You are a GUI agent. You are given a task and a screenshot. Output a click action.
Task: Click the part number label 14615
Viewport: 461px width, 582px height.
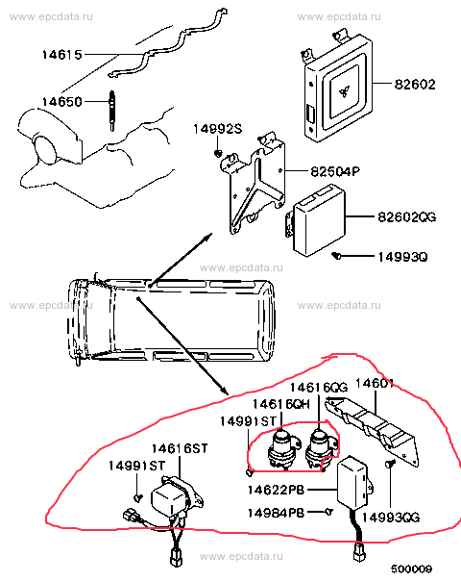pos(61,55)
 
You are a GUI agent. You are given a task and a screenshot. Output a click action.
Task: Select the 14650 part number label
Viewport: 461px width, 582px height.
pos(61,101)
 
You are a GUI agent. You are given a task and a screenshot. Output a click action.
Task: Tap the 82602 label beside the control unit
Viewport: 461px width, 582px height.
pos(415,85)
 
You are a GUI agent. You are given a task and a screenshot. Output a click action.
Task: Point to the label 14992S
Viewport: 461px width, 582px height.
pos(217,129)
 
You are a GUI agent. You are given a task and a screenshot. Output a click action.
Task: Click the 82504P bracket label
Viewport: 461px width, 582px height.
pos(335,171)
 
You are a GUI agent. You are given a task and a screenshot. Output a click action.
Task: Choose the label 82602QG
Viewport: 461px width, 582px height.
pos(407,216)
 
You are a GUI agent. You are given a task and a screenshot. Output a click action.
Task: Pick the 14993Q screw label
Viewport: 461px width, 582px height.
pos(402,257)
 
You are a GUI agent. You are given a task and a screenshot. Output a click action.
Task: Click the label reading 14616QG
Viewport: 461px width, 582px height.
pos(319,388)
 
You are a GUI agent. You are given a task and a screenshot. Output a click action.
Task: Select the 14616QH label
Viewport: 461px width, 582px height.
pos(280,404)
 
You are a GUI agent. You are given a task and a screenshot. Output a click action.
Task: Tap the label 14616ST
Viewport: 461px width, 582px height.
pos(180,448)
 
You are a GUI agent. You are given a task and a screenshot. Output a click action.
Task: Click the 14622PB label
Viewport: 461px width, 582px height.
pos(276,490)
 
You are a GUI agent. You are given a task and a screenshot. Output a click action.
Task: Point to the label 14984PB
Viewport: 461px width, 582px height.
pos(276,513)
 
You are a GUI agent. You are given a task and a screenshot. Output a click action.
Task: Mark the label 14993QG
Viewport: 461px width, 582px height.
pos(391,518)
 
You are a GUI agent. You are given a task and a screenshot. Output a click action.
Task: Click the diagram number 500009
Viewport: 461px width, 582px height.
pos(411,569)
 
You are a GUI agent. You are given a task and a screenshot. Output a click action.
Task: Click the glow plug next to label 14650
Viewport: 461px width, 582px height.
pos(111,111)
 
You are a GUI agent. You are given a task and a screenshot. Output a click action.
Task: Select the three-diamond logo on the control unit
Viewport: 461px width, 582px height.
pos(344,91)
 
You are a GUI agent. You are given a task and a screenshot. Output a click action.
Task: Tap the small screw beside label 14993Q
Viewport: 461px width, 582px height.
pos(336,255)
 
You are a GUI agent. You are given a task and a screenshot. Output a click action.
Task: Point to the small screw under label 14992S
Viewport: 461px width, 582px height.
pos(218,153)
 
